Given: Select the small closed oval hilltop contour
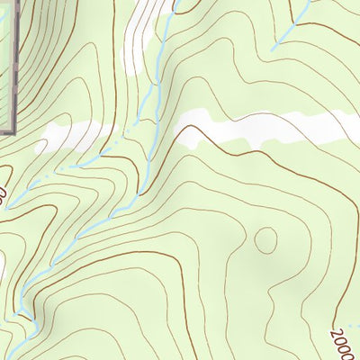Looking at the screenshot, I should click(265, 239).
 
